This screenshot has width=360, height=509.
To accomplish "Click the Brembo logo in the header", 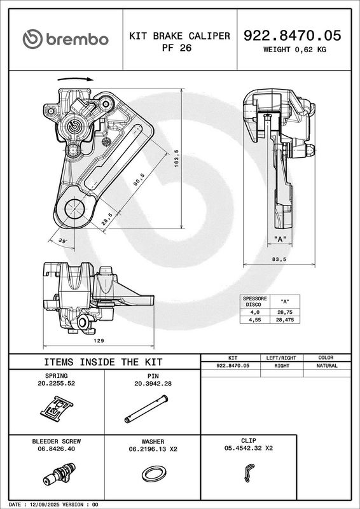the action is click(66, 39).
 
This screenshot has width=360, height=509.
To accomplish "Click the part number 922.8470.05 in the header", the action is click(292, 36).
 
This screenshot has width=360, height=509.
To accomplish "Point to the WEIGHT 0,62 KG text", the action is click(294, 50).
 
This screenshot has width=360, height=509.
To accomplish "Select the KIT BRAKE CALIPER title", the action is click(179, 36).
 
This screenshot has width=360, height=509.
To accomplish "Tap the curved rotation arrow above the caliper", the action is click(75, 78).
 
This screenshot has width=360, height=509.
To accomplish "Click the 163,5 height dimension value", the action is click(177, 158).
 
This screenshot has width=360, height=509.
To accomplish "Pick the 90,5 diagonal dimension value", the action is click(139, 179).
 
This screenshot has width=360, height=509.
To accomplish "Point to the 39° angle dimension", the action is click(63, 241).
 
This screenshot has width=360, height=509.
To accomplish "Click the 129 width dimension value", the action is click(99, 340).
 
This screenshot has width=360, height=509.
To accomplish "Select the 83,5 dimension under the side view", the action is click(280, 259).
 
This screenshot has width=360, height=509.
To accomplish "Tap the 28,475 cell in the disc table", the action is click(285, 320).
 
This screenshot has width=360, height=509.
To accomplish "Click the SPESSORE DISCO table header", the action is click(255, 301).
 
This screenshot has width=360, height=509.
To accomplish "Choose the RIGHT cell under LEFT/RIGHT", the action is click(282, 365).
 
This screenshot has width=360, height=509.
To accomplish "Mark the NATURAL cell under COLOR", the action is click(327, 365).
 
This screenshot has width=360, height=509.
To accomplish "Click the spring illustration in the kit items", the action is click(57, 408).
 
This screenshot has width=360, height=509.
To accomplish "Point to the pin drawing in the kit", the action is click(146, 408).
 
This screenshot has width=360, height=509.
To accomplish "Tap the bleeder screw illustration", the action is click(59, 474).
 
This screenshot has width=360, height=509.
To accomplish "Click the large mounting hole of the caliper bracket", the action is click(74, 209).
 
